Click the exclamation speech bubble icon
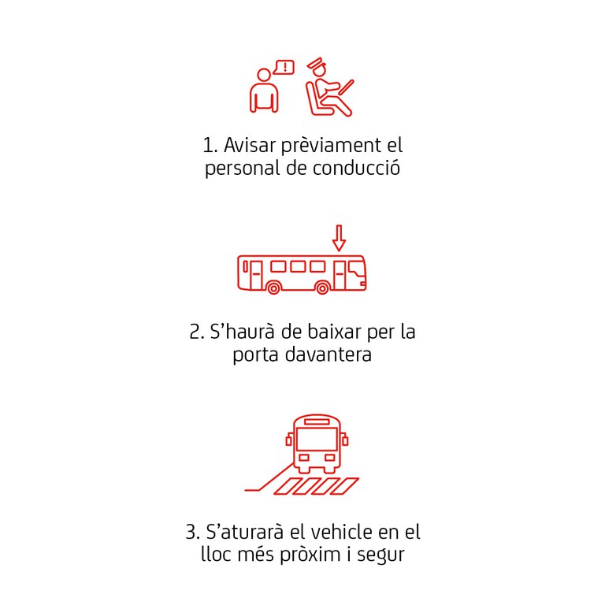(x=284, y=68)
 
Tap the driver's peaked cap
(x=315, y=64)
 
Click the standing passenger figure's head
(x=264, y=76)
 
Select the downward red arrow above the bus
(x=339, y=238)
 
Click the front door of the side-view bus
(x=340, y=275)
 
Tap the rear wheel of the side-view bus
(x=273, y=288)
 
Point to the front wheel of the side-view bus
(x=322, y=288)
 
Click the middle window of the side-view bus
(x=298, y=266)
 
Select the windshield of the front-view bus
(x=317, y=438)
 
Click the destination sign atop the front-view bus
(x=317, y=421)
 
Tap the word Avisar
(x=250, y=145)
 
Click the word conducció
(x=356, y=169)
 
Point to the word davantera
(x=328, y=354)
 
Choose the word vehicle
(x=341, y=532)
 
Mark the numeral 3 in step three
(x=190, y=532)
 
